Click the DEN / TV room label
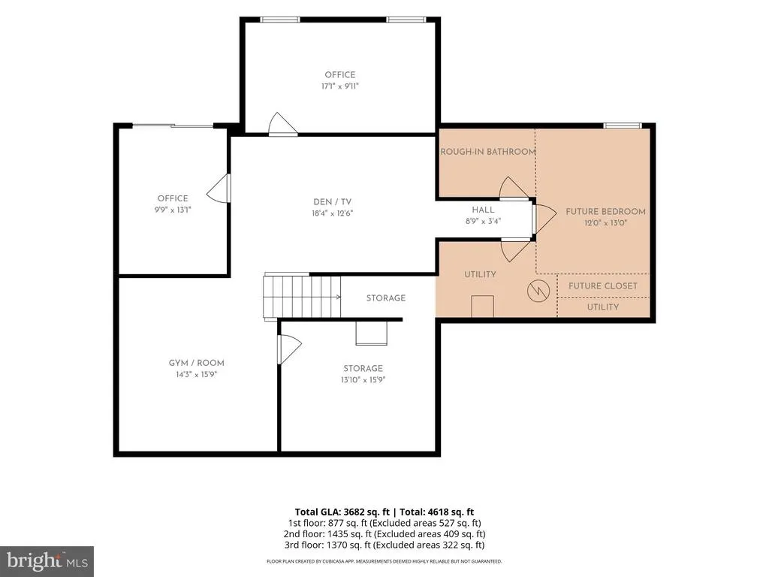tap(333, 201)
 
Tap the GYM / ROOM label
tap(196, 363)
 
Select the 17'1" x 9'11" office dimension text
tap(340, 86)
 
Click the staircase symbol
tap(302, 298)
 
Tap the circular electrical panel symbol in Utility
tap(538, 291)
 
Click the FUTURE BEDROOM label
tap(606, 211)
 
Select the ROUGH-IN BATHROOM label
tap(488, 152)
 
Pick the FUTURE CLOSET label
tap(603, 285)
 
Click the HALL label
tap(483, 210)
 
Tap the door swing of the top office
tap(283, 124)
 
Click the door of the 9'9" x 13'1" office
tap(219, 188)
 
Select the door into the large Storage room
tap(289, 349)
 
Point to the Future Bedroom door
tap(544, 219)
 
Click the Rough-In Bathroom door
tap(514, 189)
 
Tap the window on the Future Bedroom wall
tap(623, 126)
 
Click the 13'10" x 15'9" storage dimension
tap(363, 379)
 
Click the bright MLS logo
tap(47, 561)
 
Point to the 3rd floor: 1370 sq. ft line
tap(384, 545)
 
